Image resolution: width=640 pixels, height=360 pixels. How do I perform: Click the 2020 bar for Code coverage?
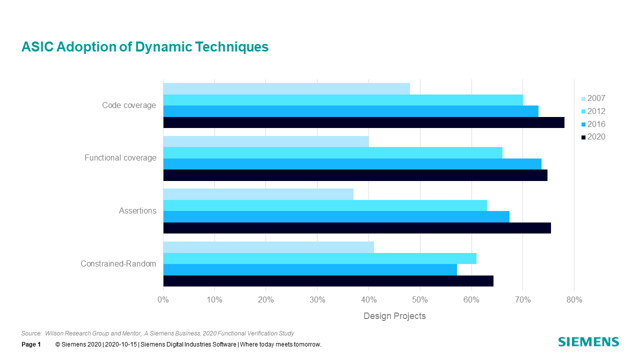pyautogui.click(x=363, y=122)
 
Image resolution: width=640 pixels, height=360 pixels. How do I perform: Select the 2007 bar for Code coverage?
pyautogui.click(x=286, y=88)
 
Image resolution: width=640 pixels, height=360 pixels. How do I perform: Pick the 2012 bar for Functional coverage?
pyautogui.click(x=332, y=152)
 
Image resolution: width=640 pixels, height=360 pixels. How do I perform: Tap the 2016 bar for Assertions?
pyautogui.click(x=336, y=216)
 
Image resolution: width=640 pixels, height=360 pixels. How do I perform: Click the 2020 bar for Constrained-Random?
pyautogui.click(x=328, y=281)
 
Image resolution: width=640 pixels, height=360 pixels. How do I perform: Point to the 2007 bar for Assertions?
pyautogui.click(x=258, y=194)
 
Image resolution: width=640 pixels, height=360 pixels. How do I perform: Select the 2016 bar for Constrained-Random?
pyautogui.click(x=310, y=269)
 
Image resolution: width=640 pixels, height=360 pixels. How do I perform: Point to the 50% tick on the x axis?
pyautogui.click(x=420, y=300)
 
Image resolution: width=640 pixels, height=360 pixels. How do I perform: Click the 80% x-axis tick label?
pyautogui.click(x=574, y=300)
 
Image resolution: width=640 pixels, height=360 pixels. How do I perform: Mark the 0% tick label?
pyautogui.click(x=163, y=300)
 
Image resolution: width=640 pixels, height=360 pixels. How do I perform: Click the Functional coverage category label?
pyautogui.click(x=120, y=158)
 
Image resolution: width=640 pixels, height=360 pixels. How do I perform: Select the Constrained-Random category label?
pyautogui.click(x=118, y=264)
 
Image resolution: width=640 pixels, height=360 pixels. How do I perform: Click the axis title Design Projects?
pyautogui.click(x=394, y=316)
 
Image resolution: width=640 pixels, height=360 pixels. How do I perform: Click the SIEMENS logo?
pyautogui.click(x=588, y=342)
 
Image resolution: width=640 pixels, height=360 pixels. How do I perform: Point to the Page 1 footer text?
pyautogui.click(x=31, y=344)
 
